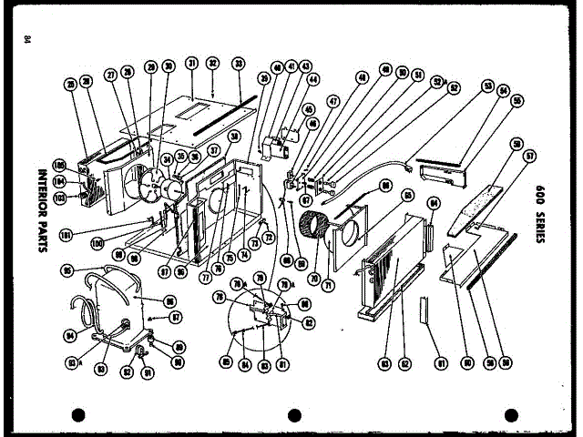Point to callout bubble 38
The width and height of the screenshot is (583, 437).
click(x=234, y=136)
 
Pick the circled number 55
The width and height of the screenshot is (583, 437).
click(x=517, y=100)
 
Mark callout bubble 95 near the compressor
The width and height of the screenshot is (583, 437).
click(x=67, y=269)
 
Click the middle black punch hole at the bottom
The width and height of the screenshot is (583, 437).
click(x=293, y=415)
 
